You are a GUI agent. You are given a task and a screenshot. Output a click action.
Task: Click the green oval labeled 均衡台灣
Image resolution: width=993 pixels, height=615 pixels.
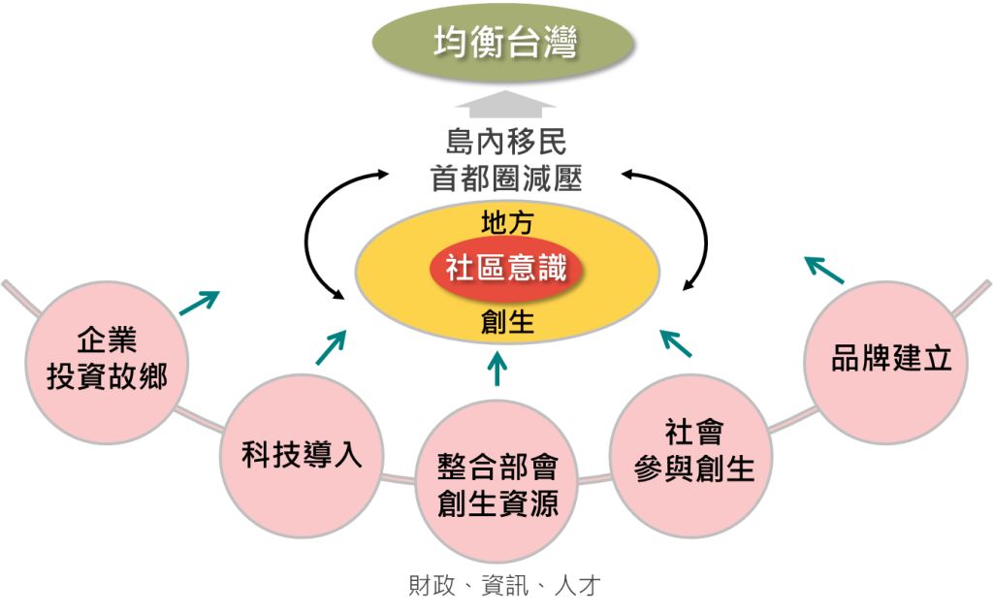(x=504, y=43)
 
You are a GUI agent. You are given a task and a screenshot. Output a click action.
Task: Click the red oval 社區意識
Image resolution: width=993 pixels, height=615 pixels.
(x=506, y=268)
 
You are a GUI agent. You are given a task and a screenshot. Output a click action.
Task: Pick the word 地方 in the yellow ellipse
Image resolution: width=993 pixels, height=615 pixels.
(x=506, y=223)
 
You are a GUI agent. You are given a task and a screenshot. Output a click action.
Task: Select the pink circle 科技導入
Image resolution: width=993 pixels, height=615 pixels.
(x=303, y=455)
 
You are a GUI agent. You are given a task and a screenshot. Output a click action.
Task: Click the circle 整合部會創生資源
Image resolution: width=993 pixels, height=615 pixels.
(x=497, y=484)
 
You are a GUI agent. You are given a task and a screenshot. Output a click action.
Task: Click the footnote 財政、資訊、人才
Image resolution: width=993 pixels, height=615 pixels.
(x=504, y=586)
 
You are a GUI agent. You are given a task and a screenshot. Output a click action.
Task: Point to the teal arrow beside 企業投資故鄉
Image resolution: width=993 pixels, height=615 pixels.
(x=200, y=303)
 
